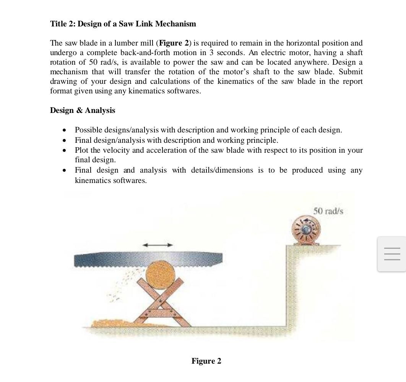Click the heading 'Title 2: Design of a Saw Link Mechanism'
tap(123, 24)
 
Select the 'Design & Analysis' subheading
tap(82, 110)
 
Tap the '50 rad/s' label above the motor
tap(328, 211)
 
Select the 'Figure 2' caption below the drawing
tap(206, 361)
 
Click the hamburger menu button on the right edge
tap(391, 254)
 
